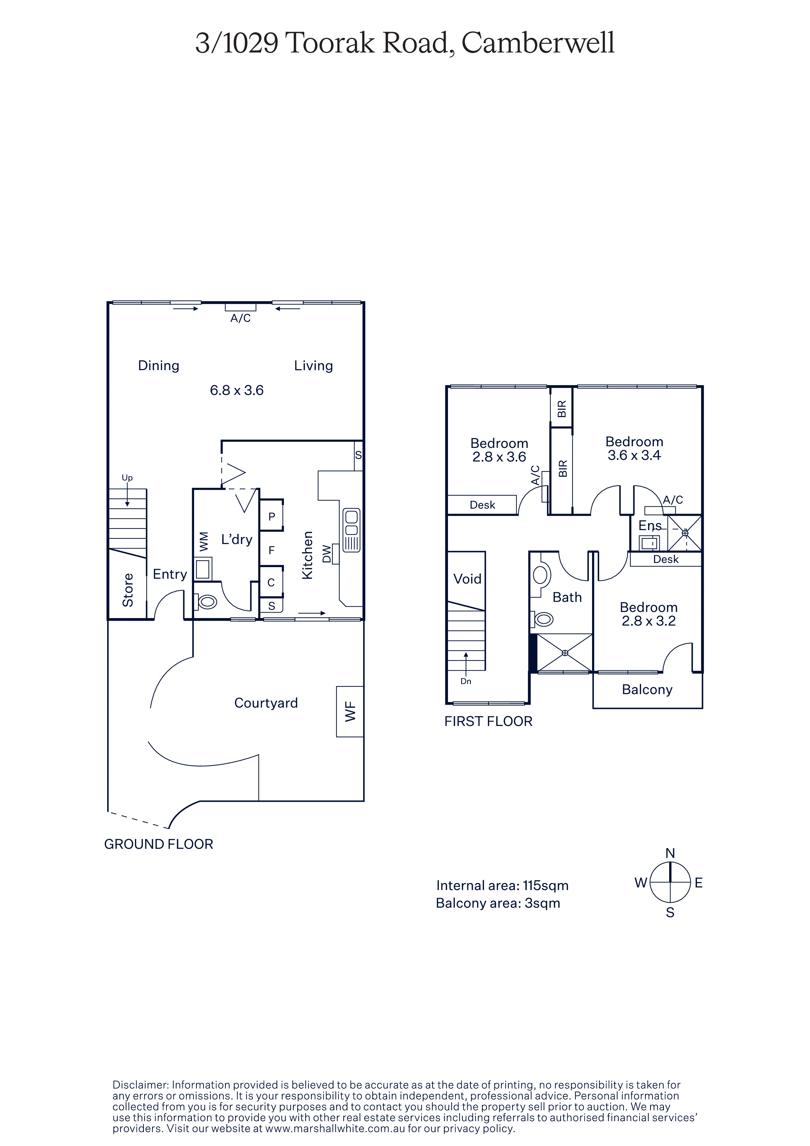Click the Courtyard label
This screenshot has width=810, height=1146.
[x=266, y=703]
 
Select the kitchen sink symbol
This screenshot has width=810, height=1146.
[x=351, y=530]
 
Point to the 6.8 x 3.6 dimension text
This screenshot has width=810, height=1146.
[x=237, y=390]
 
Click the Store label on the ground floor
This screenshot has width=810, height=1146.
[x=128, y=590]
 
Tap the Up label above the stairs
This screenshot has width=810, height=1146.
[x=127, y=478]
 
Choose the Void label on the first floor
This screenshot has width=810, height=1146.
[x=467, y=579]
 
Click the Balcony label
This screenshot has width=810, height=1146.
[x=647, y=690]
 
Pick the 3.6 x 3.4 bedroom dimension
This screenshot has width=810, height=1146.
[x=634, y=455]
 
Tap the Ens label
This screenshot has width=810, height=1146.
[x=650, y=526]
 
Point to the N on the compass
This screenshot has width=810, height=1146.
[x=670, y=853]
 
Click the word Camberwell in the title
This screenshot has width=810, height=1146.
[x=538, y=43]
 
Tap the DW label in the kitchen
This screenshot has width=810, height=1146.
[x=326, y=553]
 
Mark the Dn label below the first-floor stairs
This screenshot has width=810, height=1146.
[x=466, y=681]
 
